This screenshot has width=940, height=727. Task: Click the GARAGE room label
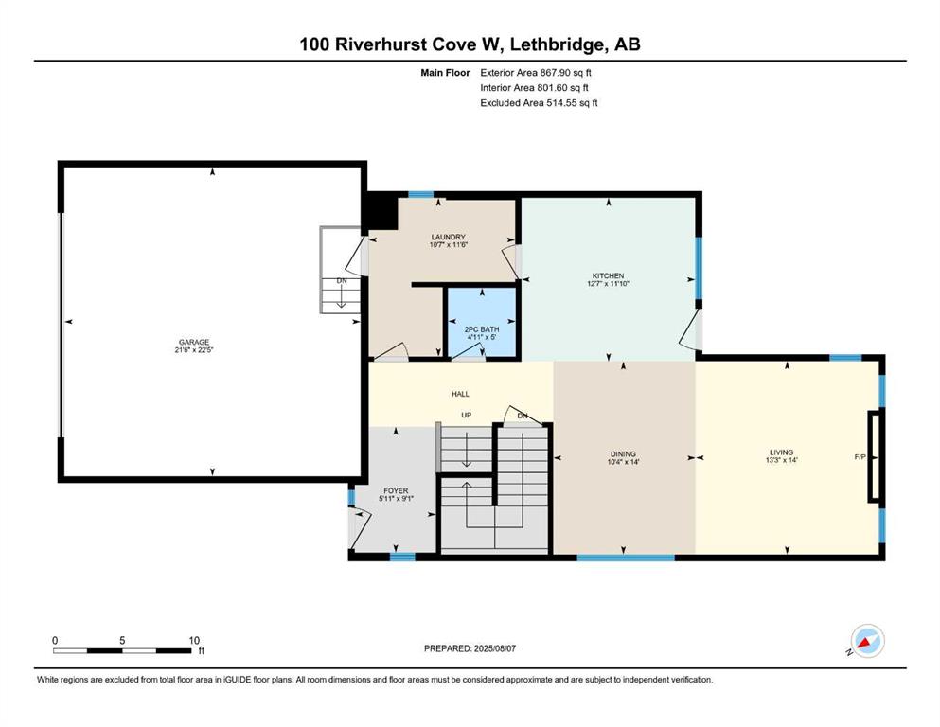[194, 343]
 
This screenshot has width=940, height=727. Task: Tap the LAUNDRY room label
[448, 238]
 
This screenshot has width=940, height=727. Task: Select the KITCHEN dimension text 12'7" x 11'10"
[608, 284]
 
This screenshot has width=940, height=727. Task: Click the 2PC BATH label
[482, 329]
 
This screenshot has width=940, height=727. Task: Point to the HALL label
[460, 394]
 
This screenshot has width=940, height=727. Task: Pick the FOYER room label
[396, 491]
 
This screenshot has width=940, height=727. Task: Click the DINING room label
[623, 454]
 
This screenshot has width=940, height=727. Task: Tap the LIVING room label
[781, 452]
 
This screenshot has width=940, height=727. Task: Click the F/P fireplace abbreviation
[860, 457]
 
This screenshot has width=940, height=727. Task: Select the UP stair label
[467, 415]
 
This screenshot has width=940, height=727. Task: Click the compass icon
[866, 642]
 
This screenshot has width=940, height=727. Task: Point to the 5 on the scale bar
[122, 640]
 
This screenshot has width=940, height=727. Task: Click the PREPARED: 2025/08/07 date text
[470, 648]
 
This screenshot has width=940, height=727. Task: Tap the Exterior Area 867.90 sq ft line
[536, 73]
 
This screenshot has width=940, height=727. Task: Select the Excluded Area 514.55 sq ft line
[539, 102]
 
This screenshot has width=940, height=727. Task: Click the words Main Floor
[445, 73]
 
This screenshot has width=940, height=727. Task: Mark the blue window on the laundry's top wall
[421, 194]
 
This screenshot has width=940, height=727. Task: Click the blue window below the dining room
[626, 558]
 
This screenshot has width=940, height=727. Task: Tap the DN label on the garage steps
[342, 280]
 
